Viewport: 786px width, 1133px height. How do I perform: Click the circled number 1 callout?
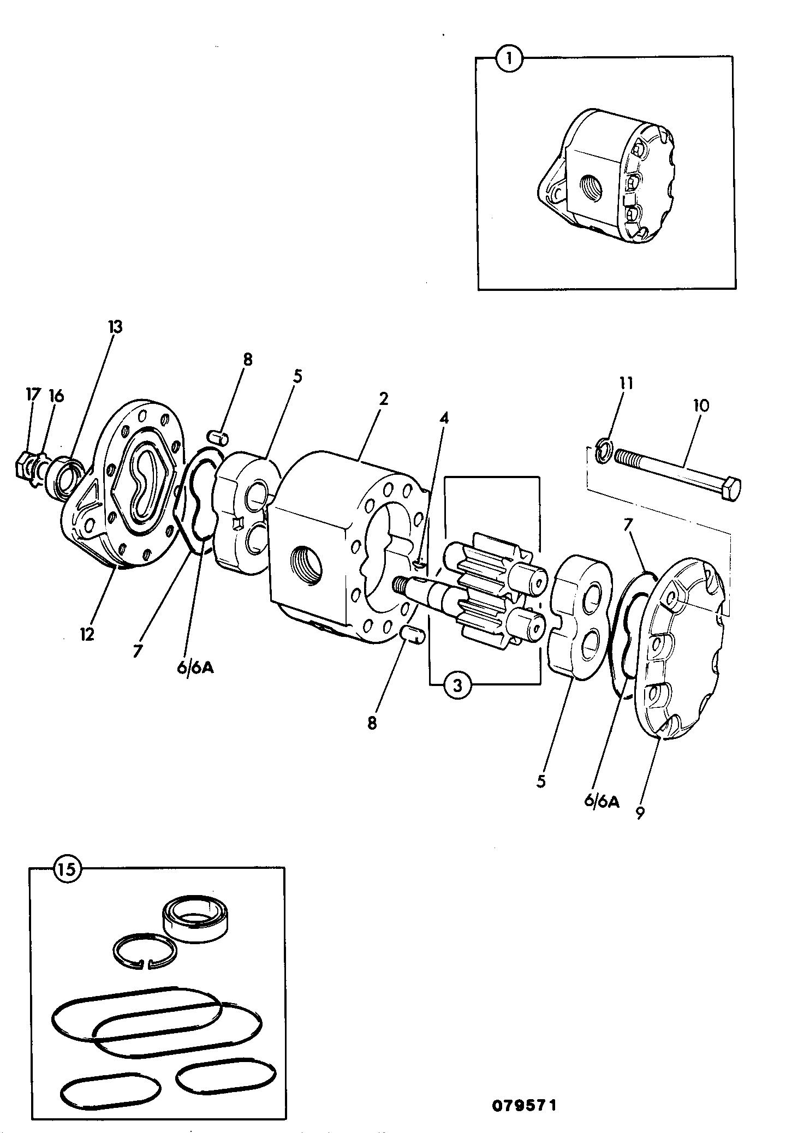510,58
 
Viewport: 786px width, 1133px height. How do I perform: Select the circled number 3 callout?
457,685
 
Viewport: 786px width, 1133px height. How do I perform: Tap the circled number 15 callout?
67,869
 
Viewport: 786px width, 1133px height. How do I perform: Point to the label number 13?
115,327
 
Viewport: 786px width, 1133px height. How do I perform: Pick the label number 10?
701,406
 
